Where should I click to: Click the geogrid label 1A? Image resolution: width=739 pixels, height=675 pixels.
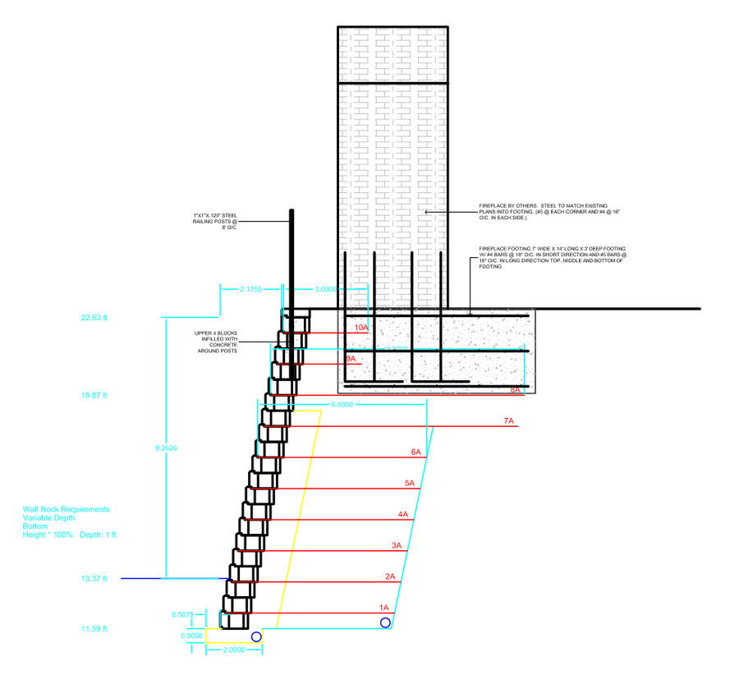pyautogui.click(x=383, y=608)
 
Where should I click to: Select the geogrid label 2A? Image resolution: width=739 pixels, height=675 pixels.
pyautogui.click(x=390, y=576)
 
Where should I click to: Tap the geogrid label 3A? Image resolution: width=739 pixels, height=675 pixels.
pyautogui.click(x=397, y=545)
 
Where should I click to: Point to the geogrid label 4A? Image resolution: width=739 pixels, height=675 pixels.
pyautogui.click(x=403, y=514)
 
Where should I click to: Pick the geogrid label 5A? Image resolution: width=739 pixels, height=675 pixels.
pyautogui.click(x=409, y=483)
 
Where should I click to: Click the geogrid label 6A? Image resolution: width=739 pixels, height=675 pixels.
pyautogui.click(x=415, y=452)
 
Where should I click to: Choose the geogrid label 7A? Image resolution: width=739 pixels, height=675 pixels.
pyautogui.click(x=508, y=421)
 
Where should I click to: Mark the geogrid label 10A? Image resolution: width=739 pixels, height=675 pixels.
pyautogui.click(x=361, y=328)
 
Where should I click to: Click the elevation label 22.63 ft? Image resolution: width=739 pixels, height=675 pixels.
pyautogui.click(x=94, y=317)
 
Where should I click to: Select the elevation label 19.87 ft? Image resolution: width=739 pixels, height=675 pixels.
pyautogui.click(x=94, y=395)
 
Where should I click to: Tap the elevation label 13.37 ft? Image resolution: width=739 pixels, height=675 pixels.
pyautogui.click(x=94, y=579)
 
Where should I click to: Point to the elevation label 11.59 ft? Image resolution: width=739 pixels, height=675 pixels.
pyautogui.click(x=94, y=629)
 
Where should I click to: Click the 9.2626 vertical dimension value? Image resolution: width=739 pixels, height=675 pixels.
pyautogui.click(x=167, y=448)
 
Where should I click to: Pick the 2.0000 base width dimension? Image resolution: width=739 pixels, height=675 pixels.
pyautogui.click(x=234, y=650)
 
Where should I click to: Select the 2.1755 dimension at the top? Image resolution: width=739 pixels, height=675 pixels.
pyautogui.click(x=251, y=289)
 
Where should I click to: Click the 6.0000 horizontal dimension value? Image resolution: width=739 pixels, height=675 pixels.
pyautogui.click(x=343, y=405)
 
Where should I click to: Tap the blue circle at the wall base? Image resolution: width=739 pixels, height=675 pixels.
pyautogui.click(x=256, y=636)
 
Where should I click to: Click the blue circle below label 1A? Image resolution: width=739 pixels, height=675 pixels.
pyautogui.click(x=385, y=622)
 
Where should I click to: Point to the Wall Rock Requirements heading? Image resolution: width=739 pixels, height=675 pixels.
pyautogui.click(x=66, y=509)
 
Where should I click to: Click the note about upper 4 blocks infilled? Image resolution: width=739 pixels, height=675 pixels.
pyautogui.click(x=216, y=342)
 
